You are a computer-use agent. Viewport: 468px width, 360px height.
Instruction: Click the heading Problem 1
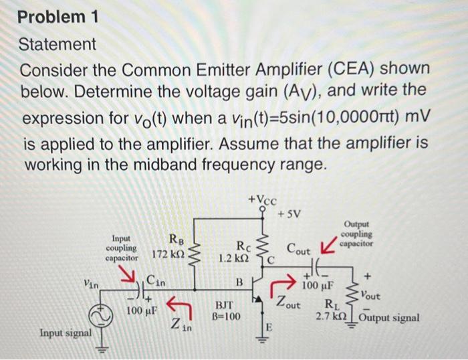58,17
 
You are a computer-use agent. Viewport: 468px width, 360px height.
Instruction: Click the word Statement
58,45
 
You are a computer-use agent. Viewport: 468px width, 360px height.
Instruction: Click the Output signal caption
389,317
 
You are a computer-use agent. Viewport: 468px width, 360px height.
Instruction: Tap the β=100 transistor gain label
229,317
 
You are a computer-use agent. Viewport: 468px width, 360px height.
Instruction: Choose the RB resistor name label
174,239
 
